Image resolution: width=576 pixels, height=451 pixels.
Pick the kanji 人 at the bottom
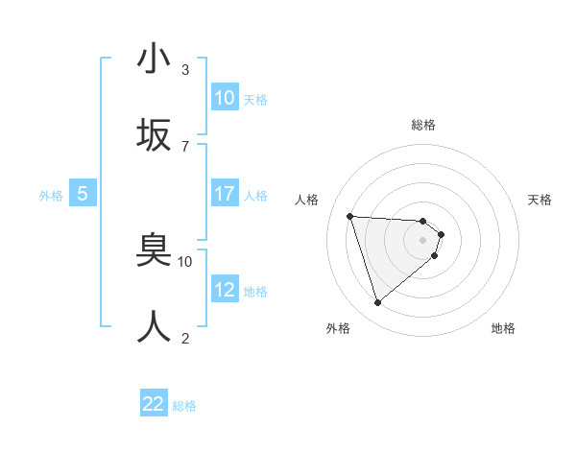(x=155, y=326)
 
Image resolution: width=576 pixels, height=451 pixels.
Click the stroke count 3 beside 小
(x=185, y=69)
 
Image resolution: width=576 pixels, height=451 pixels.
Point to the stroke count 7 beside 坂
(x=185, y=146)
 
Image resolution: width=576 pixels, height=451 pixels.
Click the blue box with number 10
(x=225, y=98)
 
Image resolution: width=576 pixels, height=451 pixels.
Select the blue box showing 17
(x=225, y=194)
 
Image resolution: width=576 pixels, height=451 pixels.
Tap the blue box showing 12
(x=225, y=290)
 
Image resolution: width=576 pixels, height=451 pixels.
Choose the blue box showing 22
(x=155, y=404)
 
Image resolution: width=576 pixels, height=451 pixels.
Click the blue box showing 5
(x=83, y=194)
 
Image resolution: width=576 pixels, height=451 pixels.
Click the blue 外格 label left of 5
(x=51, y=195)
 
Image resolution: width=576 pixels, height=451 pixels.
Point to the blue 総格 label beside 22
(x=184, y=406)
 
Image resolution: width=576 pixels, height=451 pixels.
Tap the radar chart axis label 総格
(x=423, y=125)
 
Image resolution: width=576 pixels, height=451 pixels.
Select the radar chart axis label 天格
(x=540, y=200)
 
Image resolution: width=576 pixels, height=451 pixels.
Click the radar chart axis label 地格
(x=503, y=328)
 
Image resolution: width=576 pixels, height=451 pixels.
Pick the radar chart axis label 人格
(x=307, y=200)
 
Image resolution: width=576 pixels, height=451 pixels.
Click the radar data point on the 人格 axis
(x=350, y=216)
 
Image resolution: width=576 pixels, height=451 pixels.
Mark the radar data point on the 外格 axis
(x=377, y=303)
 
